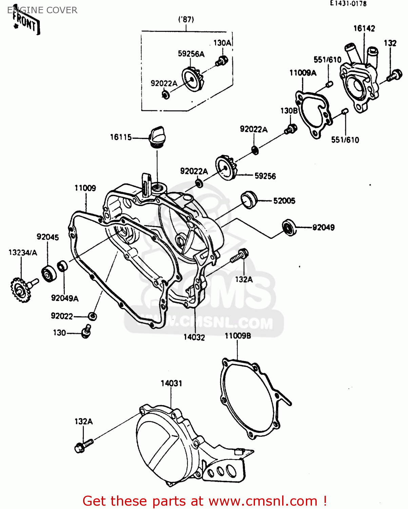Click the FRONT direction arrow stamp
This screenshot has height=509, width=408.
(26, 23)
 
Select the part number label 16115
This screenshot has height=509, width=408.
(121, 137)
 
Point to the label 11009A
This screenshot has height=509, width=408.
(303, 73)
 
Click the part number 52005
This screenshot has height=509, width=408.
(284, 201)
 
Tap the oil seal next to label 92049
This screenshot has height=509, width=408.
(289, 227)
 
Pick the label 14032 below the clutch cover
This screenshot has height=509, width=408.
(194, 337)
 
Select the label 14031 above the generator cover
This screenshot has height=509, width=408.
(171, 383)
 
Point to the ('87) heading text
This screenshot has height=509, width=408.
(186, 19)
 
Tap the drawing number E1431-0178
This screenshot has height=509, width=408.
(349, 4)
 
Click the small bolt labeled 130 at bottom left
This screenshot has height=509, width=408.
(86, 331)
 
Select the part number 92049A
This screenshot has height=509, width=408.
(65, 298)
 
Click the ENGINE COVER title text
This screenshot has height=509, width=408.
(42, 10)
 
